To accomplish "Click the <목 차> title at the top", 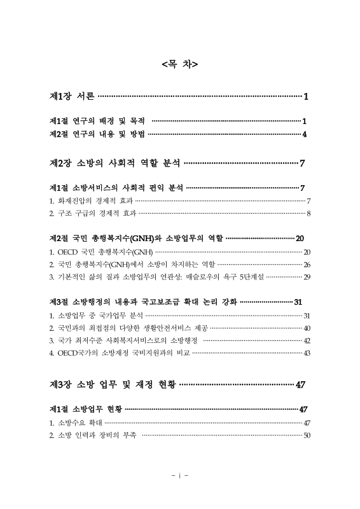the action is [x=180, y=64].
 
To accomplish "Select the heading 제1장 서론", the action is [x=72, y=97].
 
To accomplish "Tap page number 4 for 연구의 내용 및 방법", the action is [x=305, y=134].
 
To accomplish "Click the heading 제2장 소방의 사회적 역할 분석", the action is [x=114, y=164].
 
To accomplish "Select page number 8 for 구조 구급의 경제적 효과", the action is [x=308, y=213].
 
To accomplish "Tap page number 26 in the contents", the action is [x=307, y=264].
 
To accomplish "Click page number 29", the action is [x=307, y=277].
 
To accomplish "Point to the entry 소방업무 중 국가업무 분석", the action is [x=95, y=316].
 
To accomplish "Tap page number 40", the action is [x=307, y=328].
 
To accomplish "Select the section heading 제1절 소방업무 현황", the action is [x=85, y=408].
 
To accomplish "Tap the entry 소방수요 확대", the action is [x=76, y=423].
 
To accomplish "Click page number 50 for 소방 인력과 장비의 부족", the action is [x=307, y=436].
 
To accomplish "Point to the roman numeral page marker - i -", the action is [x=180, y=475].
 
